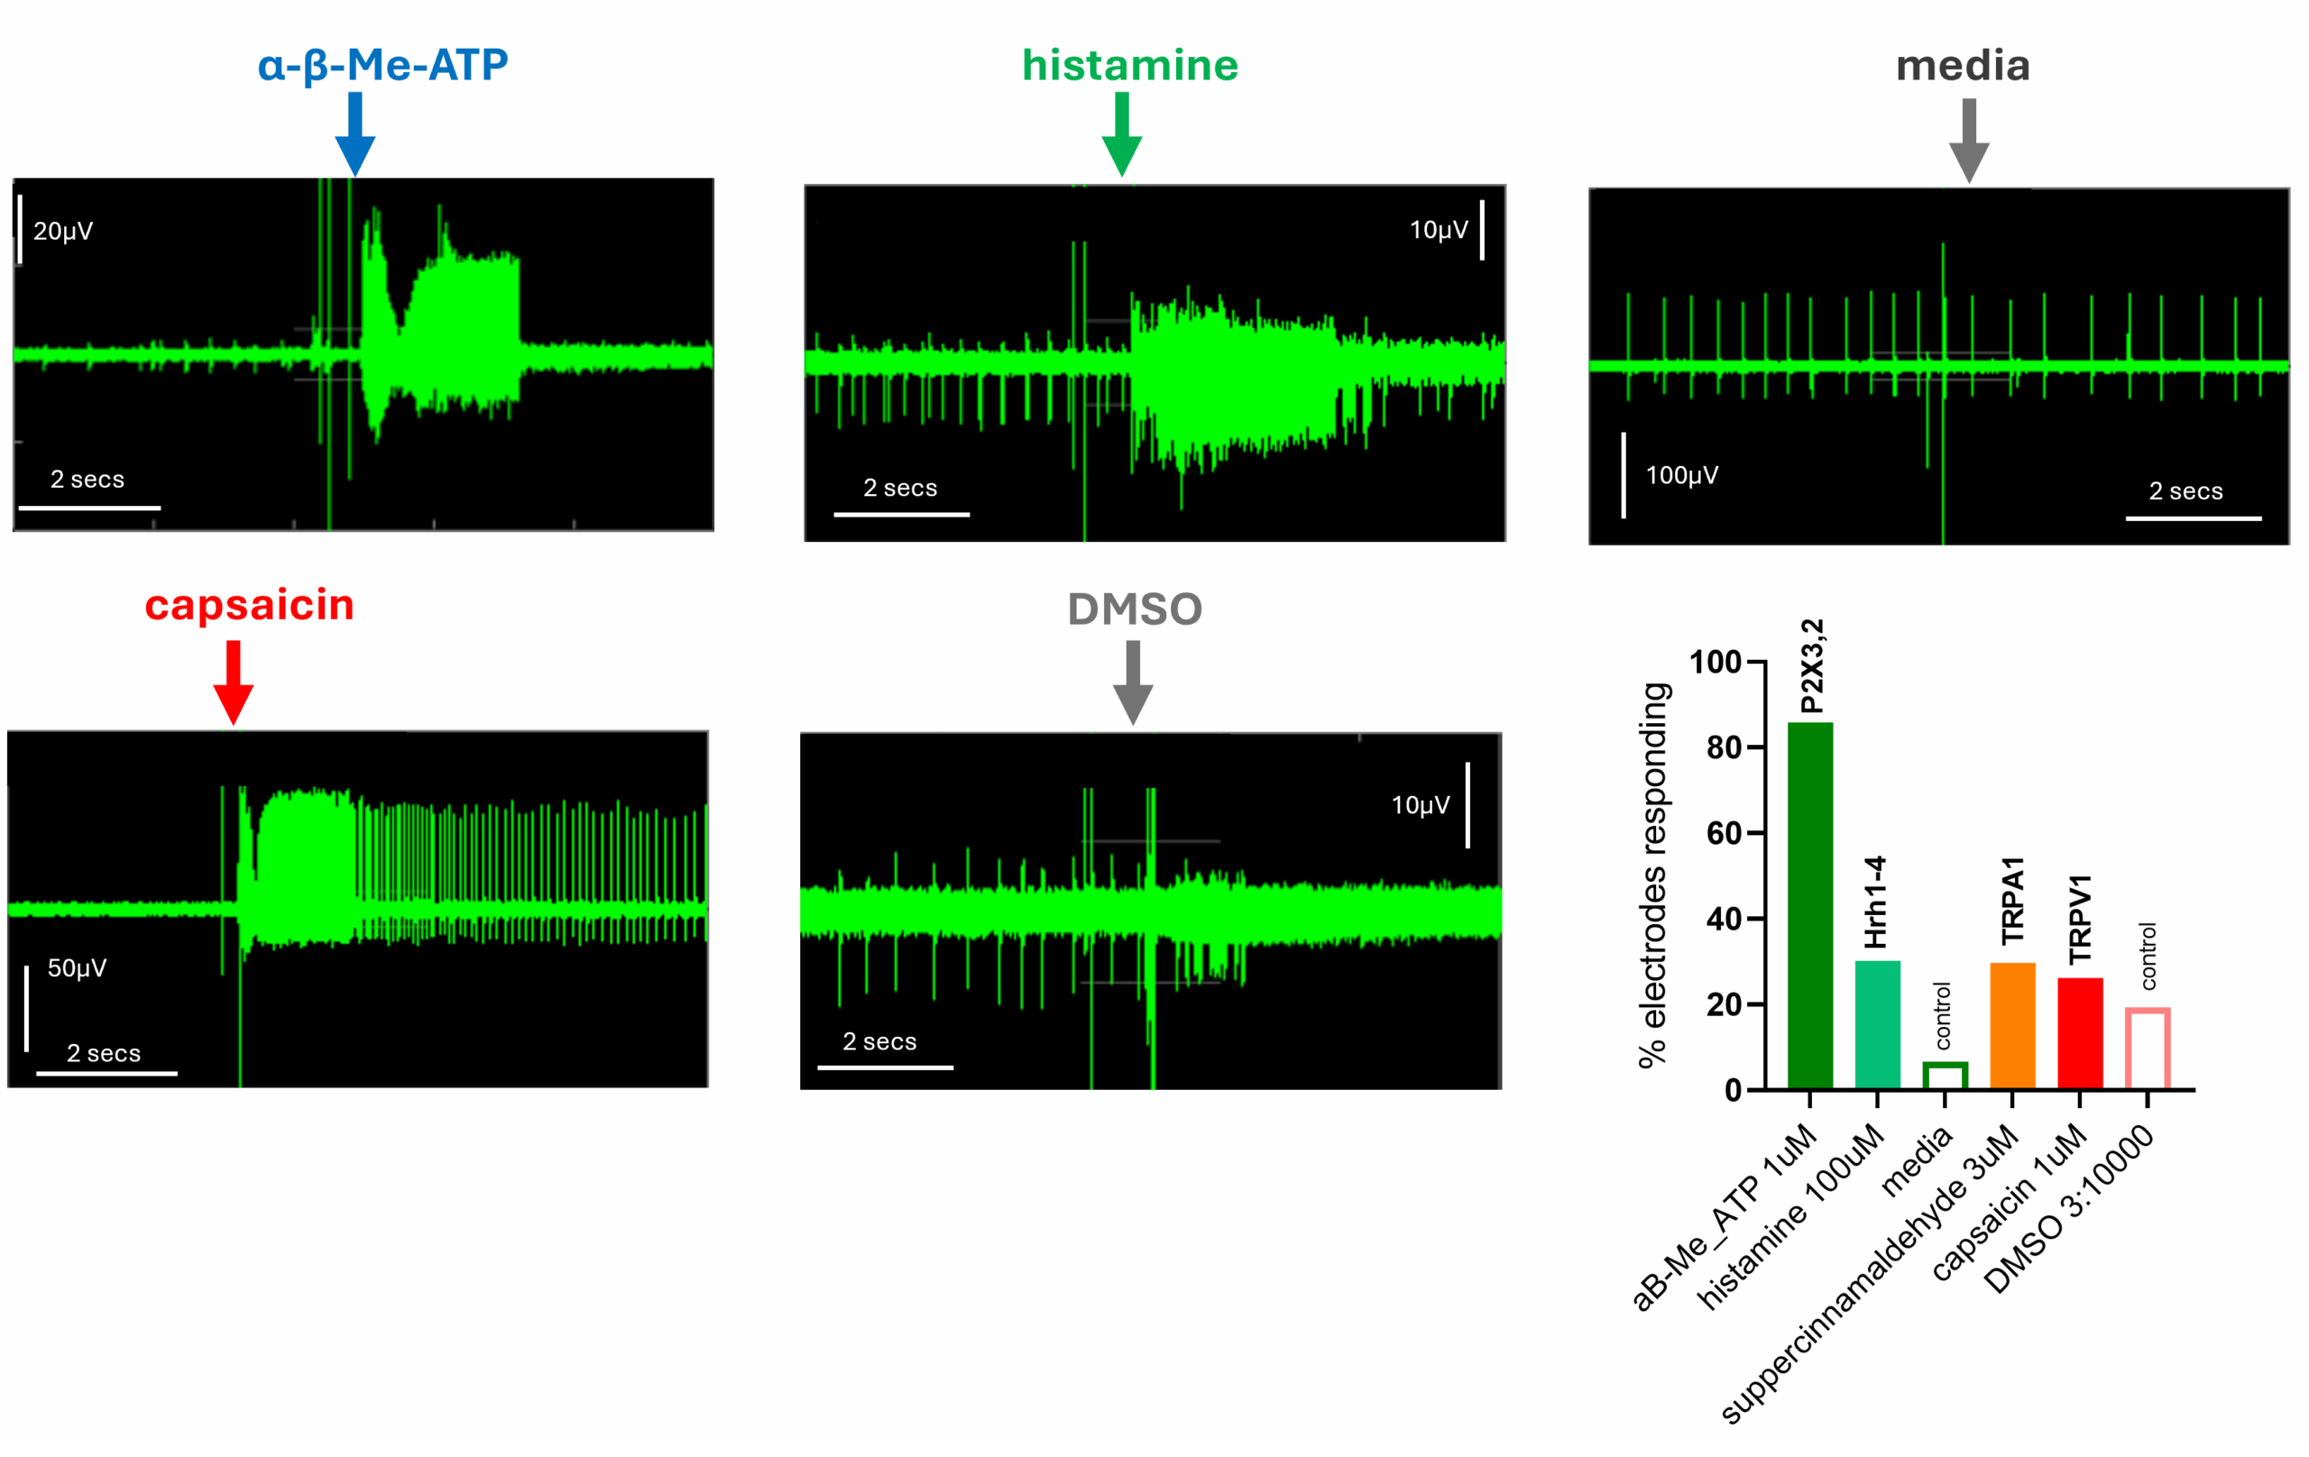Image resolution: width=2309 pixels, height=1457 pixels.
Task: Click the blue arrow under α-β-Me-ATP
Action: [354, 134]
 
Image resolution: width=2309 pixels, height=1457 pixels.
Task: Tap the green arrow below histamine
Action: [1121, 134]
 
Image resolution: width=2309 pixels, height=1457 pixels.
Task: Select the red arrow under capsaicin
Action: [233, 683]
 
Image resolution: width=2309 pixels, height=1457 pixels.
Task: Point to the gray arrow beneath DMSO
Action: [1133, 683]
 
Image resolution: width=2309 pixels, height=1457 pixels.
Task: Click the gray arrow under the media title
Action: [1969, 140]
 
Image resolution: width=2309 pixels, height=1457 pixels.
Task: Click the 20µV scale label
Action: [63, 231]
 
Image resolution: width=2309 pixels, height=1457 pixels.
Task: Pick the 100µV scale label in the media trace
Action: [1682, 475]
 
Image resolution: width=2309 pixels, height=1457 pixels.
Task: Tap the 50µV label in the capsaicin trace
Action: [77, 968]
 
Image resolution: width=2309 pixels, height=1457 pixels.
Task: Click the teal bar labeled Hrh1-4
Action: [1877, 1025]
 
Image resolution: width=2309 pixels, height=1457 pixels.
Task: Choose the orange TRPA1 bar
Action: [2011, 1026]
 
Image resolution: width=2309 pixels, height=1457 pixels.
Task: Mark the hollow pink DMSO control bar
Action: [2147, 1049]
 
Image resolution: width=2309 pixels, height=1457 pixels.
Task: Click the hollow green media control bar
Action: [1945, 1076]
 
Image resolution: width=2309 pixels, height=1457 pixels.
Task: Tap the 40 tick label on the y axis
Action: [1723, 920]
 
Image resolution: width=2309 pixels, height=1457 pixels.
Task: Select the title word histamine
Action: [1129, 65]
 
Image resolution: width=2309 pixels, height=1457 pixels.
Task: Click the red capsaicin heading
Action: [249, 605]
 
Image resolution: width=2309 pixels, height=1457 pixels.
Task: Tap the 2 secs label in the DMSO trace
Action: [879, 1041]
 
